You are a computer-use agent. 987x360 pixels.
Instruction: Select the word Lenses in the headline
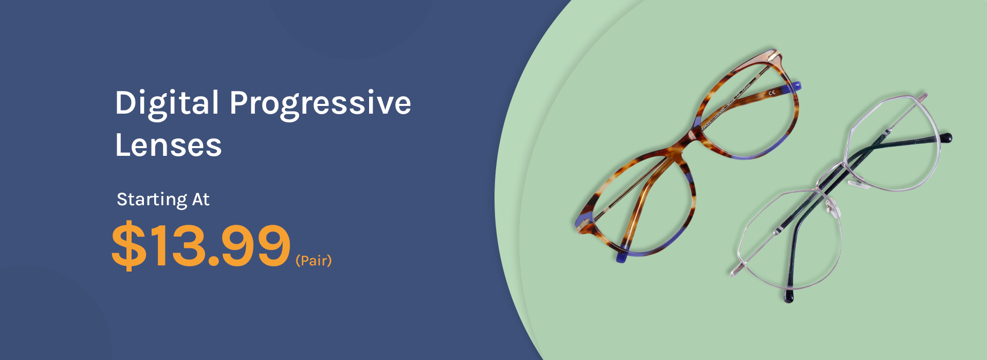point(168,145)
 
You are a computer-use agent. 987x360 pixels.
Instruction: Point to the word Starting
point(152,200)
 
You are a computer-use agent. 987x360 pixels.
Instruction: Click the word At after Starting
point(201,199)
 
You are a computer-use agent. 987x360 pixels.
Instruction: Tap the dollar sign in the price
point(129,245)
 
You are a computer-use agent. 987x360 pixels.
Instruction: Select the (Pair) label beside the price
point(314,261)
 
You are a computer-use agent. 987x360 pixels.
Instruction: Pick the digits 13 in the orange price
point(176,245)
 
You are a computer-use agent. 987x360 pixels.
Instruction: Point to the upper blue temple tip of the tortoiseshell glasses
point(796,86)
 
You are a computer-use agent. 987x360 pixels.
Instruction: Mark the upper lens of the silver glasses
point(892,144)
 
